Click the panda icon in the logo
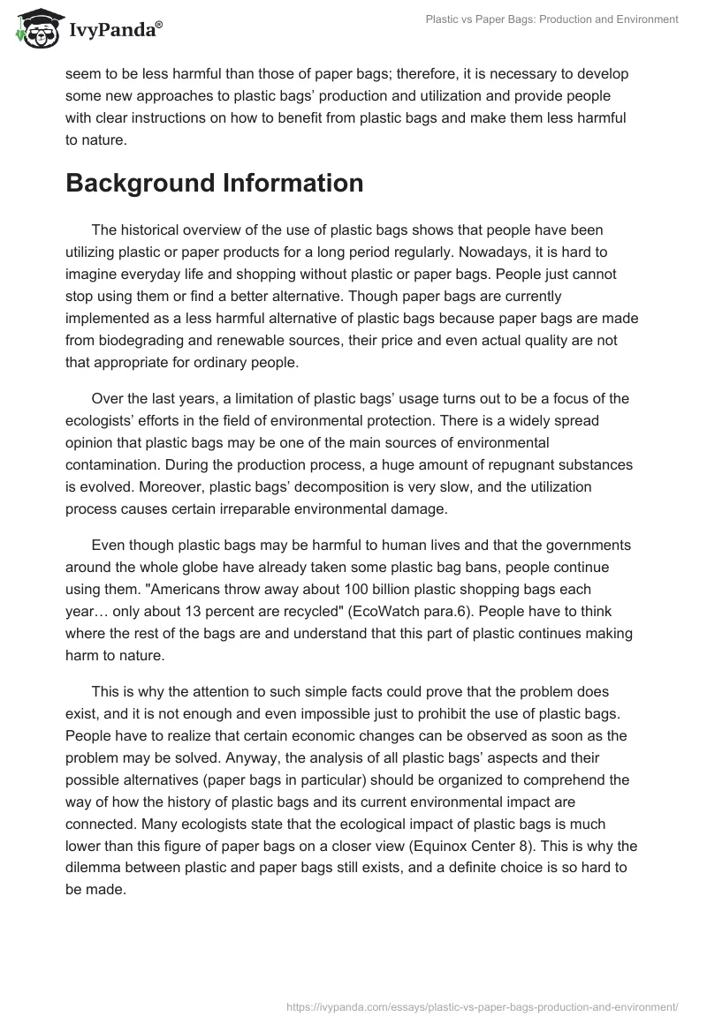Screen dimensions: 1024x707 point(34,29)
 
